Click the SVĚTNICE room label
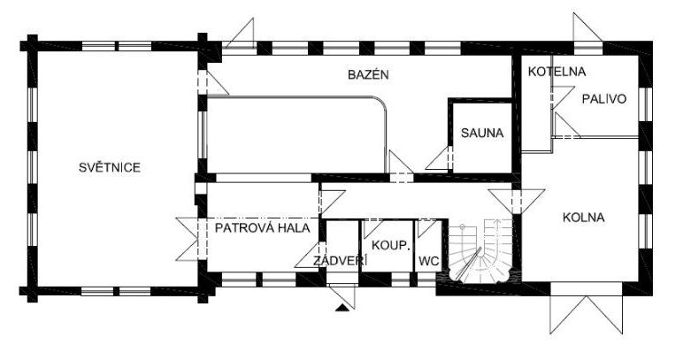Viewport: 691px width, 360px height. [110, 167]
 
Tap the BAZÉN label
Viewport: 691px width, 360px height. [368, 74]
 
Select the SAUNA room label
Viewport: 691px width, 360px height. [482, 133]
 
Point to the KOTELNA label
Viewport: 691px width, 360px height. [557, 72]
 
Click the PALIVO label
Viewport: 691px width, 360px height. [604, 99]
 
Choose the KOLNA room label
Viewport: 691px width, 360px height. [584, 218]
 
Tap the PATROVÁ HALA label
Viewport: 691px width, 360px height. [263, 228]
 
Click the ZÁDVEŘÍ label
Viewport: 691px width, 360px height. [340, 260]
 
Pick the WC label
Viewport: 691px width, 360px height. [429, 261]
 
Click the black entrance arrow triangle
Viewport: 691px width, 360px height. [342, 308]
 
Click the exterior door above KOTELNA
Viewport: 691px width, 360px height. [587, 28]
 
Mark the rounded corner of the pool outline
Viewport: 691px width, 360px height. [380, 102]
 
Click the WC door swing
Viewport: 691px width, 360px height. [426, 228]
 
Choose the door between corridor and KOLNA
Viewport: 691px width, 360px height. [517, 202]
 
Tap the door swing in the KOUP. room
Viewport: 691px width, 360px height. [372, 229]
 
